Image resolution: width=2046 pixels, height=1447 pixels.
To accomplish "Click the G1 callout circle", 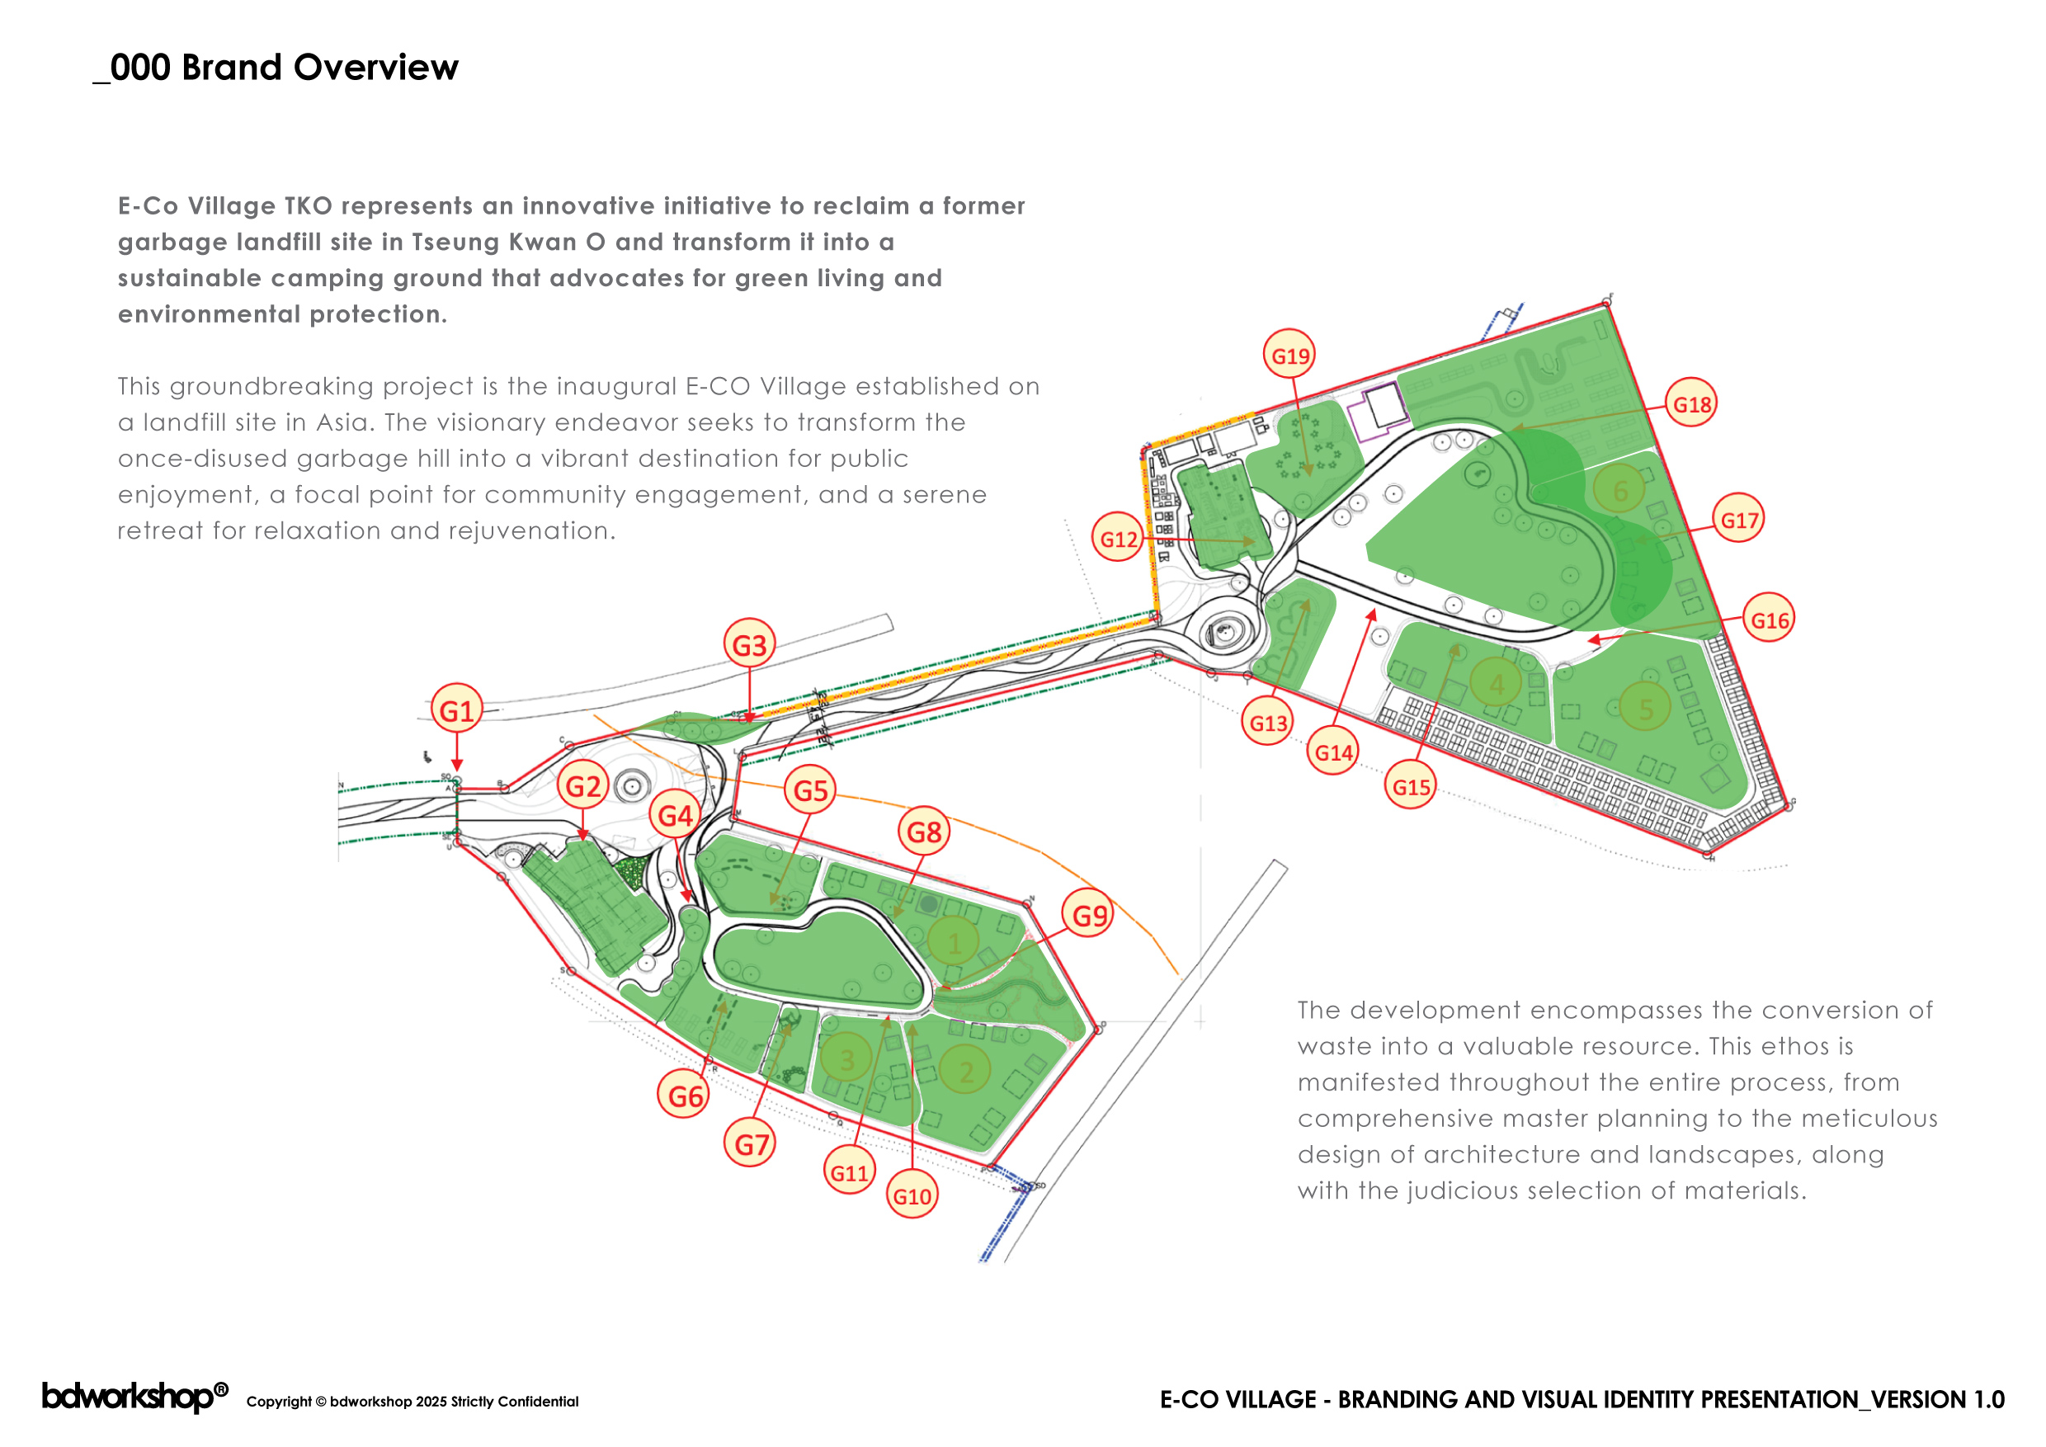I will pos(457,709).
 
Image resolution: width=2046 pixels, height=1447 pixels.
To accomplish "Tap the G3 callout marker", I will pos(749,644).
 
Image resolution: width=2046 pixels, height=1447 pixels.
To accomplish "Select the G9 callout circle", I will pos(1088,914).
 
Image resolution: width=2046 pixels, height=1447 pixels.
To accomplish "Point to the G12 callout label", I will pos(1119,538).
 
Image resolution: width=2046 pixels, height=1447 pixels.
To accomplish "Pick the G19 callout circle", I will pos(1289,356).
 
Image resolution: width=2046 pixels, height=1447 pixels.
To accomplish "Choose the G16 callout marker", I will pos(1769,620).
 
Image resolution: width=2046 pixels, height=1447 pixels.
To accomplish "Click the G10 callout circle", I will pos(912,1195).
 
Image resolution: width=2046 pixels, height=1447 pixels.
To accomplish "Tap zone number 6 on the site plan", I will pos(1619,490).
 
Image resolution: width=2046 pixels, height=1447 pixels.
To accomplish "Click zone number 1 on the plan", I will pos(954,943).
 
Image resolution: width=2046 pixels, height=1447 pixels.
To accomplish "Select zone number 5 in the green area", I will pos(1645,709).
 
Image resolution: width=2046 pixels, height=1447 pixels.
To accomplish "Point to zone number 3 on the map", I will pos(846,1058).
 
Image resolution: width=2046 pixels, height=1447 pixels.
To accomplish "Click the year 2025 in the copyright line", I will pos(431,1402).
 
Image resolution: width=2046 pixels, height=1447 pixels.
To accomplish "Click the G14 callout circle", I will pos(1333,752).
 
